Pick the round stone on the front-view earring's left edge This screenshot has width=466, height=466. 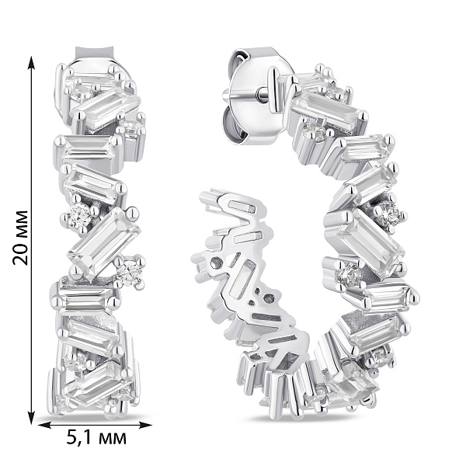(x=78, y=217)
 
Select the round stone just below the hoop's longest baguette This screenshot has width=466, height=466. (x=349, y=275)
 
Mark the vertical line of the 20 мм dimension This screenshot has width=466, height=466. (x=32, y=155)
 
